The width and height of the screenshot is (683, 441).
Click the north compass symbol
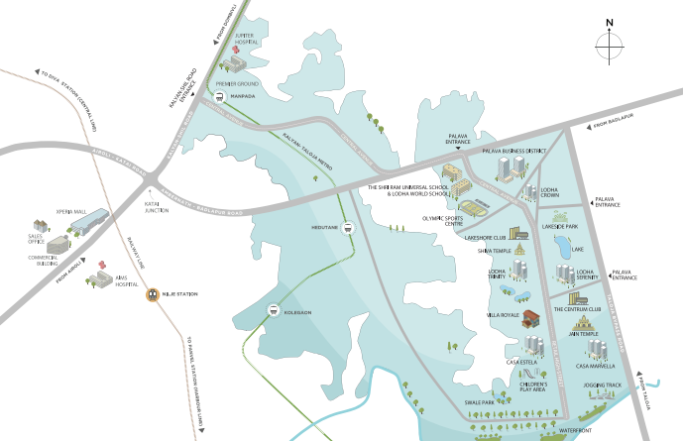coord(610,44)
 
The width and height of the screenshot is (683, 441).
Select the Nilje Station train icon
coord(153,292)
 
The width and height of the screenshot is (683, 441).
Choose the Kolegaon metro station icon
coord(274,311)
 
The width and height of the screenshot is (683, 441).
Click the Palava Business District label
coord(513,151)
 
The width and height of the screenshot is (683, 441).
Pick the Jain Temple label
coord(583,334)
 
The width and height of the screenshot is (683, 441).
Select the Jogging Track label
coord(602,385)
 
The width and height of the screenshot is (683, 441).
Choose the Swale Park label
coord(479,402)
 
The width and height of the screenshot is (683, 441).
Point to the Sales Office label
coord(37,240)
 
